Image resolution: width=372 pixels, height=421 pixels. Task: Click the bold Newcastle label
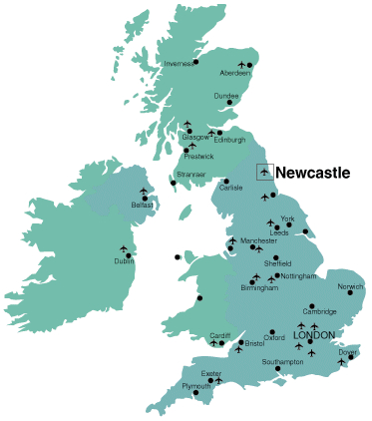[x=312, y=173]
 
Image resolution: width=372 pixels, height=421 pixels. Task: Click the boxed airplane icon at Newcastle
[x=264, y=173]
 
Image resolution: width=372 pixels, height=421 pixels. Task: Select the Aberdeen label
[x=235, y=73]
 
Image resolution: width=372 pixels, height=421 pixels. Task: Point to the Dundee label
[x=226, y=96]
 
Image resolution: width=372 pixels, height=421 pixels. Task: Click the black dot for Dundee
[x=231, y=103]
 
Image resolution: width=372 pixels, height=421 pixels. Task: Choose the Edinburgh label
[x=229, y=140]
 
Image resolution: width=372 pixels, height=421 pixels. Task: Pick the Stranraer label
[x=190, y=175]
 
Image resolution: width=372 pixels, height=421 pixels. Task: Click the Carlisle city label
[x=231, y=188]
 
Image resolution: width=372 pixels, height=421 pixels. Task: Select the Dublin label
[x=124, y=261]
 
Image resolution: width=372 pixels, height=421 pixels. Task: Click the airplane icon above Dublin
[x=125, y=248]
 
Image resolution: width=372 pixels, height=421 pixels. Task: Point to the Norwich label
[x=350, y=287]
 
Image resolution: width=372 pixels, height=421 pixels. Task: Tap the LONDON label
[x=312, y=335]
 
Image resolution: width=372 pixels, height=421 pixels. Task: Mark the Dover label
[x=347, y=352]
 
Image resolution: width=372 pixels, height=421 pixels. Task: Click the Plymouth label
[x=196, y=386]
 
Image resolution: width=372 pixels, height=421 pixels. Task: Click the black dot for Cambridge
[x=312, y=305]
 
